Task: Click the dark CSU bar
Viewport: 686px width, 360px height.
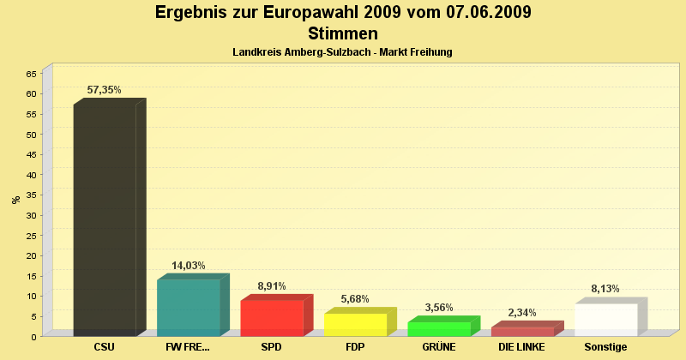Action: pos(105,219)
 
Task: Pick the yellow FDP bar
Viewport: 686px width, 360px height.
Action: pos(355,324)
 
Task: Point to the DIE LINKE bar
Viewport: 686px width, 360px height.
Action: pos(522,331)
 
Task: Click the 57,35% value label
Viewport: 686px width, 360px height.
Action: pos(105,89)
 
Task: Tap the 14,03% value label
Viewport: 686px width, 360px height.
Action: pos(189,266)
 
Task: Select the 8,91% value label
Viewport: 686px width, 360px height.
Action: pos(272,286)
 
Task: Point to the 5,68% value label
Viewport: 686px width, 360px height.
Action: pos(355,299)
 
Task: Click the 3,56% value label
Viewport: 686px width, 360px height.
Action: pos(439,308)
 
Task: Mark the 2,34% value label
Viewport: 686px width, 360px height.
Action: pos(522,313)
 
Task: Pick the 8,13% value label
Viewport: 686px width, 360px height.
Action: pos(605,289)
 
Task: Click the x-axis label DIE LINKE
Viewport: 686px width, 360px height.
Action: pos(522,347)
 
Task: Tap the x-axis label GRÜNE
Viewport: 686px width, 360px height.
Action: pos(439,347)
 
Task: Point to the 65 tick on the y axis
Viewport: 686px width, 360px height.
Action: pos(31,74)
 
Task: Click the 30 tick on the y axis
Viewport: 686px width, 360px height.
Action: pos(31,215)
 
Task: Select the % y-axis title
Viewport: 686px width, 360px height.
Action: pos(15,200)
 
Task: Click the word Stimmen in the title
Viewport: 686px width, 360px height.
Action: pos(342,34)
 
